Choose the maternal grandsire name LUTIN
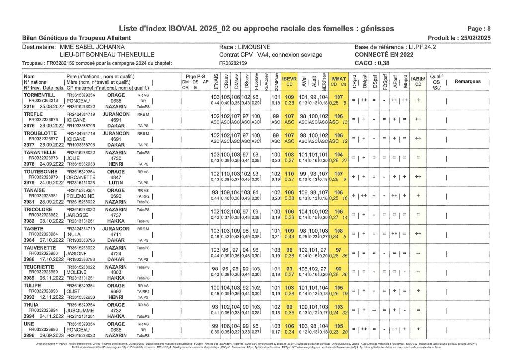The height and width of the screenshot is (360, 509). coord(116,182)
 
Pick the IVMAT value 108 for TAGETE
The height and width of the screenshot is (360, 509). coord(338,230)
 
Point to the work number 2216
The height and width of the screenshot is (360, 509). coord(29,106)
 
